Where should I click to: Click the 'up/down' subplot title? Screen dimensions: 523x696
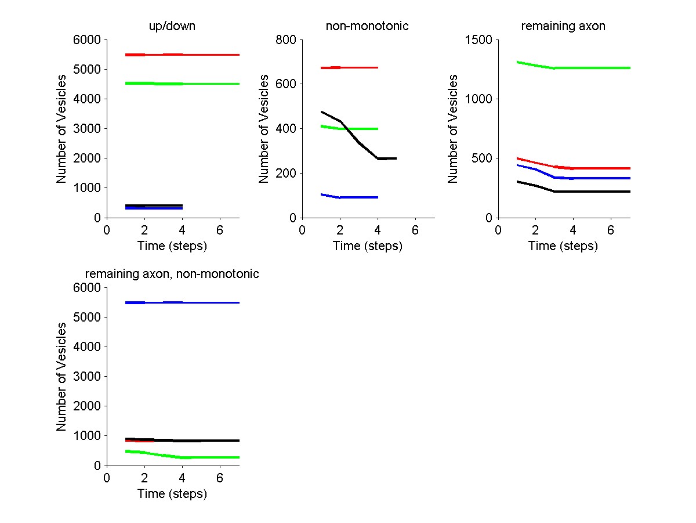coord(173,26)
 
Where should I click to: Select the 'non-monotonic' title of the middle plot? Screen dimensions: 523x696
coord(367,26)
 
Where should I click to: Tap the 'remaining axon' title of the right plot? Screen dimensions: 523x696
coord(563,26)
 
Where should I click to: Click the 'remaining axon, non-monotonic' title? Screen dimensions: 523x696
coord(172,274)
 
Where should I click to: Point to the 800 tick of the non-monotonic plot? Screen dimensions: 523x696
coord(288,40)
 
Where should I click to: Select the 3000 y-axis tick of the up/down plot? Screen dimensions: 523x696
coord(89,129)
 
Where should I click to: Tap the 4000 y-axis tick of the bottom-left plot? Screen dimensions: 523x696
coord(89,347)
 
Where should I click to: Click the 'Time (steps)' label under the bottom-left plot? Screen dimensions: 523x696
coord(172,494)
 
